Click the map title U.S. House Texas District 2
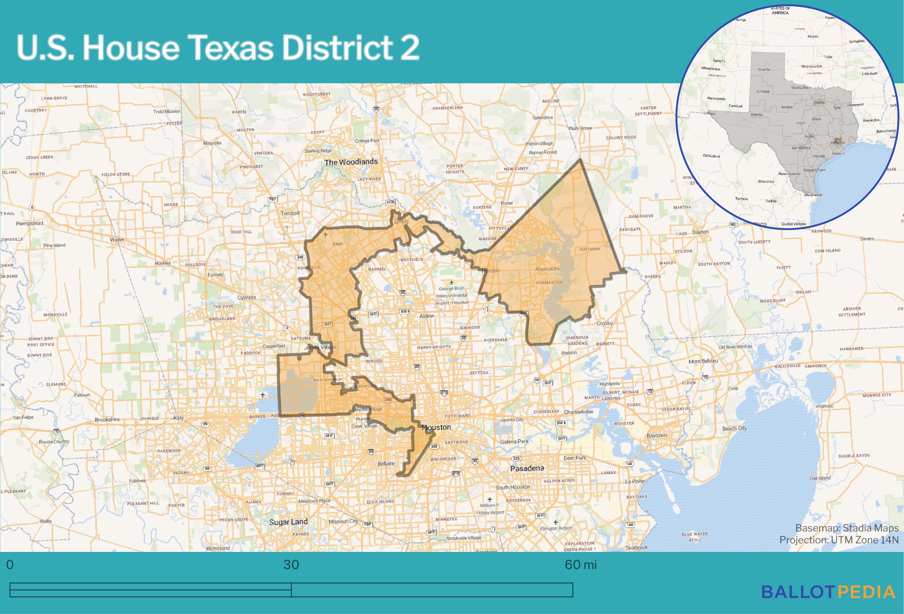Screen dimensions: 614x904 [x=218, y=48]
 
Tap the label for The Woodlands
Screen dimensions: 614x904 [x=351, y=162]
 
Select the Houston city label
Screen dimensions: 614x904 [x=436, y=427]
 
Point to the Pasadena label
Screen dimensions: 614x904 [x=527, y=468]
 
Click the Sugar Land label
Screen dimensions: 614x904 [x=288, y=522]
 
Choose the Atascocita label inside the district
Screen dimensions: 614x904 [x=547, y=269]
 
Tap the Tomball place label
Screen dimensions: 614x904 [x=290, y=213]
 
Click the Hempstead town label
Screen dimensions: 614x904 [x=29, y=223]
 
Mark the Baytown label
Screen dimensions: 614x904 [x=657, y=435]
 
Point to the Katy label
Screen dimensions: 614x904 [x=178, y=418]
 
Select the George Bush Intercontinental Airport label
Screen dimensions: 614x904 [x=452, y=295]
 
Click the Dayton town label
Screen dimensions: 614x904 [x=700, y=232]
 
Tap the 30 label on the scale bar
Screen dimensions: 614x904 [x=291, y=565]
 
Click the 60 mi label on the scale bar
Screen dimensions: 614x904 [x=580, y=565]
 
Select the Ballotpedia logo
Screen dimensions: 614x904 [x=828, y=592]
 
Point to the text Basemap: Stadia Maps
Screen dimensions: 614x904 [x=847, y=528]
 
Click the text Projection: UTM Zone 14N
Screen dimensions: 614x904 [x=839, y=540]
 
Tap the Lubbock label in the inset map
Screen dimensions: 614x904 [x=763, y=92]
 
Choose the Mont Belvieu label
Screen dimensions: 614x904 [x=703, y=361]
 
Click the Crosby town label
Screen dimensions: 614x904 [x=604, y=323]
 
